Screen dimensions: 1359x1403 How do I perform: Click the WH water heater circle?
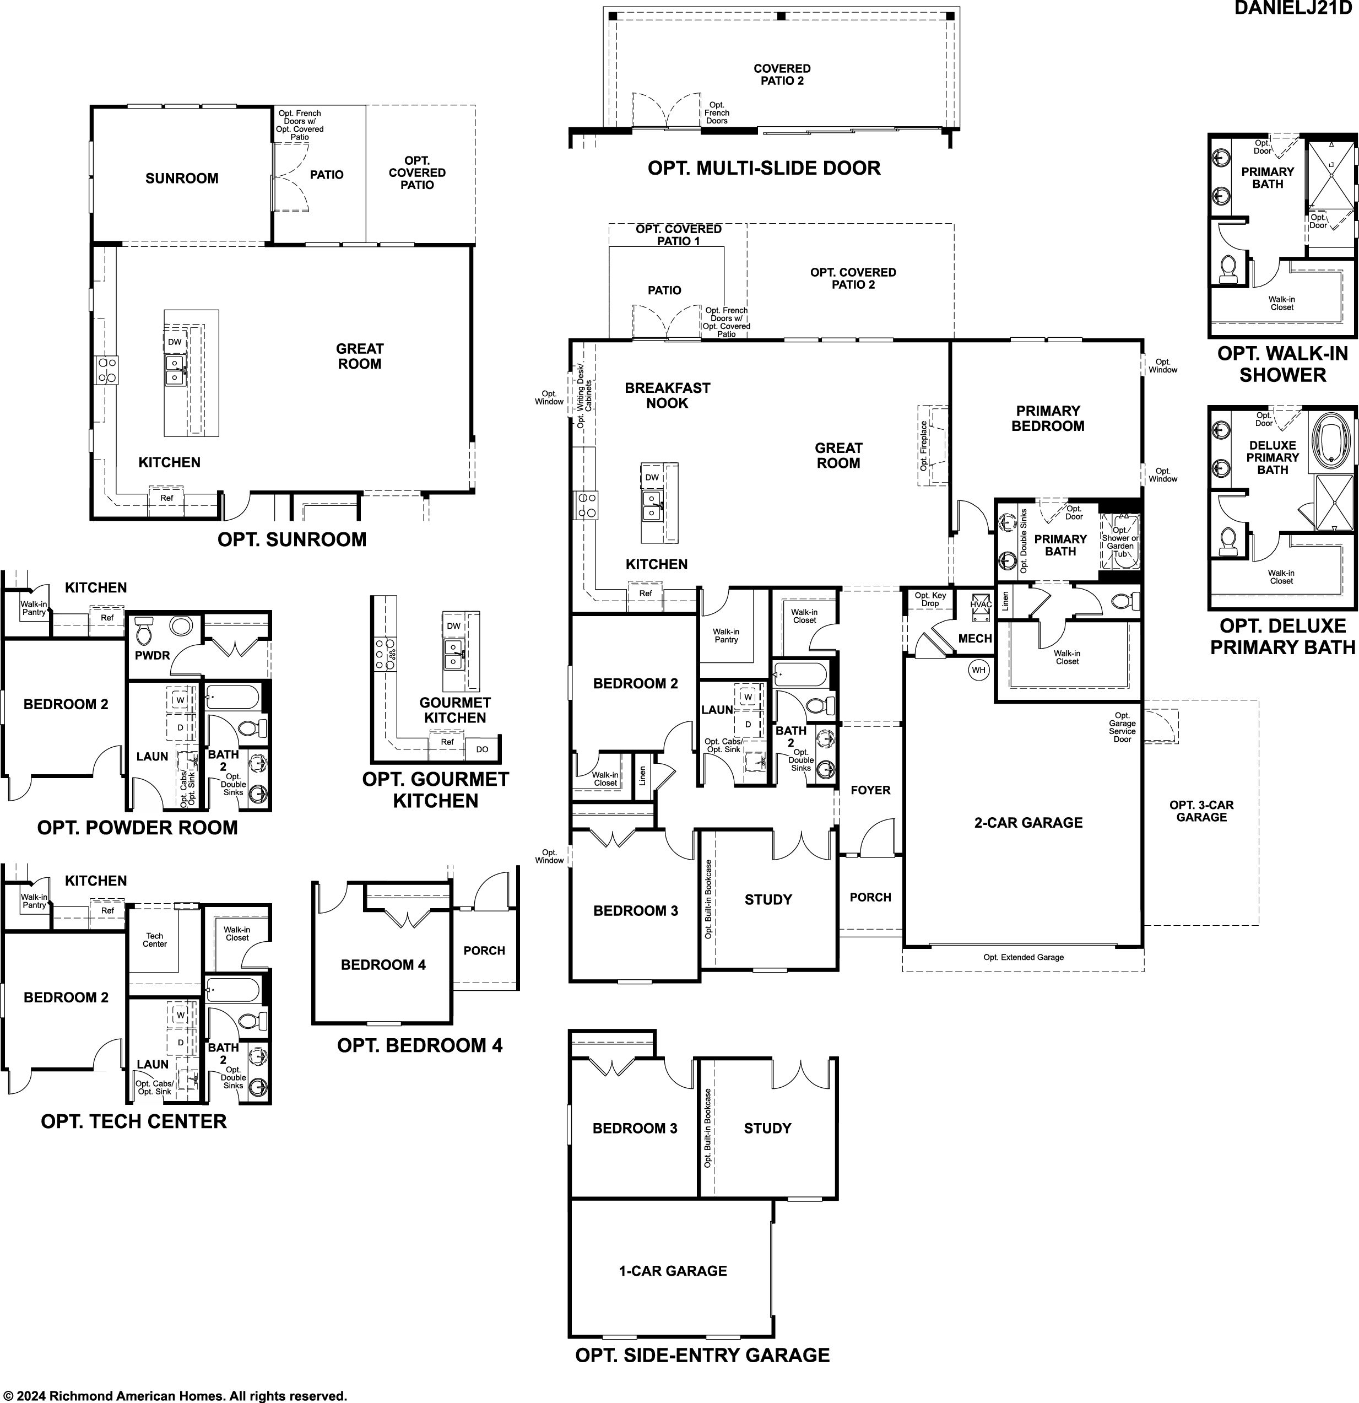(978, 670)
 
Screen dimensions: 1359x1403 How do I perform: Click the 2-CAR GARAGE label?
(1028, 823)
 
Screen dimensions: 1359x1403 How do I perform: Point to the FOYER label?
(870, 790)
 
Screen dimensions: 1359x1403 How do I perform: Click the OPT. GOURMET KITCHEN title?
(436, 790)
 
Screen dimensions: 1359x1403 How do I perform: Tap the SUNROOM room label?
(182, 178)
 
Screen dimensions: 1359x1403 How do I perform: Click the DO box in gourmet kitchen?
(481, 749)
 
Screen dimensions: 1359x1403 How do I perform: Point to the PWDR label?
(153, 655)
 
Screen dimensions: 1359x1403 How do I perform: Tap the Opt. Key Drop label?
(930, 599)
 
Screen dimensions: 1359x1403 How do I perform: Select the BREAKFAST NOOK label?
(667, 395)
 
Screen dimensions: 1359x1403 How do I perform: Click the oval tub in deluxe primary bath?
(1333, 441)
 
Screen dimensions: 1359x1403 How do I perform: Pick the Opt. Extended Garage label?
(1024, 957)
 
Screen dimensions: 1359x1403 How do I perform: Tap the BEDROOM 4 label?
(383, 964)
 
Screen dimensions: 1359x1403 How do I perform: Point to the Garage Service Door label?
(1122, 727)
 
